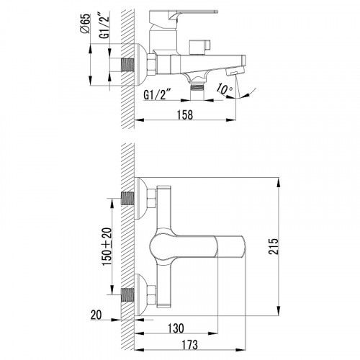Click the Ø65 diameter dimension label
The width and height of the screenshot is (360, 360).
coord(86,23)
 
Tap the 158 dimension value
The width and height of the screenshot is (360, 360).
coord(185,114)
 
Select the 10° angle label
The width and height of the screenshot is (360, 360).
coord(224,89)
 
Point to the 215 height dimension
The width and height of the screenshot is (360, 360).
coord(274,246)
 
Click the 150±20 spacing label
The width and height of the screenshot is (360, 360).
coord(107,246)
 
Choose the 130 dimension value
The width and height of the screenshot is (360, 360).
coord(176,328)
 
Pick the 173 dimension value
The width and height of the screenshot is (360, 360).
coord(189,345)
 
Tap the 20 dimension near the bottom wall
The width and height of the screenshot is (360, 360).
coord(96,315)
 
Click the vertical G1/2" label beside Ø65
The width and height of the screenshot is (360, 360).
coord(104,27)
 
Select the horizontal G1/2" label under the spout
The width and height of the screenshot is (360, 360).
coord(155,95)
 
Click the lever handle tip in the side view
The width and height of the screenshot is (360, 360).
coord(215,12)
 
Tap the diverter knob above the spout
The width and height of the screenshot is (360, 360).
coord(199,47)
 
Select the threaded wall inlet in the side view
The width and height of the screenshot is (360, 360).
coord(127,65)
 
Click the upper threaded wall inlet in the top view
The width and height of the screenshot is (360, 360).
coord(127,198)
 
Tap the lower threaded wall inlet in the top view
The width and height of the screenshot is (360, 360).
coord(127,294)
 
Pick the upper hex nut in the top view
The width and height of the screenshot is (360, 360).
coord(151,199)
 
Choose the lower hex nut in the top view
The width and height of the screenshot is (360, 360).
coord(151,294)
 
